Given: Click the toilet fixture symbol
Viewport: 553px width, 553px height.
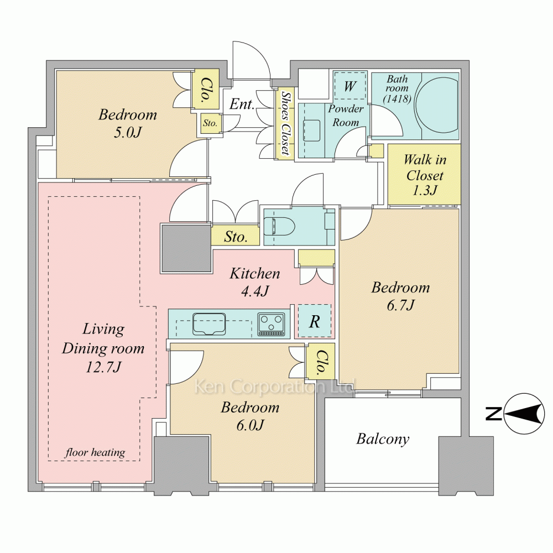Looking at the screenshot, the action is [280, 226].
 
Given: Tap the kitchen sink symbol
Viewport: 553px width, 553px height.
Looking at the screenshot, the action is [209, 324].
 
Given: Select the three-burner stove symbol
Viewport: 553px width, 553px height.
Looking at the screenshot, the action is [271, 324].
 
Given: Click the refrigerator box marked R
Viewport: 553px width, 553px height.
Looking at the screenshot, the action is [315, 321].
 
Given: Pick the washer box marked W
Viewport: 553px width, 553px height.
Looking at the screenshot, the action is [350, 86].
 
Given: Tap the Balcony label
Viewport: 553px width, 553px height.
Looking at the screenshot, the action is [383, 439].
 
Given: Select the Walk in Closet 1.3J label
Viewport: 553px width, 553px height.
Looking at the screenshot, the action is [425, 175].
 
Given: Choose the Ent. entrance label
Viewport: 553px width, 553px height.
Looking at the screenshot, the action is [242, 104].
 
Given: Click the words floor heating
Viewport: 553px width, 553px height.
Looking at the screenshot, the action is [95, 452].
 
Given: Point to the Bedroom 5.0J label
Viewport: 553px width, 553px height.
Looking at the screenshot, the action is [128, 123].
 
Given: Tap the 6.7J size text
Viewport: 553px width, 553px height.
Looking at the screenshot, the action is [400, 305].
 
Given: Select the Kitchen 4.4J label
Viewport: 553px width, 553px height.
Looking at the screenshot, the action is [255, 282].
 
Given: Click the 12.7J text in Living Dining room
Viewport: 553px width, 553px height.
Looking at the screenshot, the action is [103, 367].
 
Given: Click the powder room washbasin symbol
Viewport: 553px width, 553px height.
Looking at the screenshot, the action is [311, 131].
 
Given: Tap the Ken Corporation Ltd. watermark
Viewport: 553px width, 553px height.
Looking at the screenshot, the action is [275, 387].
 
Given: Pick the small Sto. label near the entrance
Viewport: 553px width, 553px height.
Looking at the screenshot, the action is [210, 123].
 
